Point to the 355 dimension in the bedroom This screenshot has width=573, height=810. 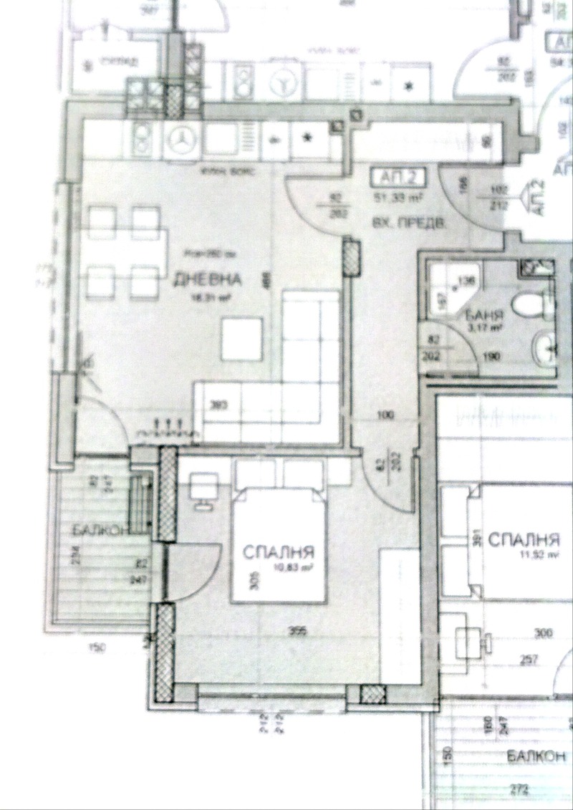point(294,631)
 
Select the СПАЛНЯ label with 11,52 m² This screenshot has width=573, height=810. point(523,539)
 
